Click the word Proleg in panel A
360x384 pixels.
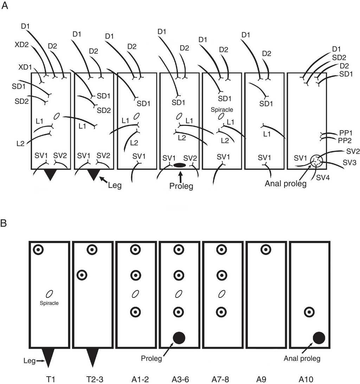[181, 186]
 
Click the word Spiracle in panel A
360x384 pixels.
[222, 110]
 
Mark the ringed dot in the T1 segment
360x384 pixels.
[38, 250]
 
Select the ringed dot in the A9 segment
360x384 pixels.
[266, 250]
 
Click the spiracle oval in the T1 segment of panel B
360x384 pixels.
[50, 293]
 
